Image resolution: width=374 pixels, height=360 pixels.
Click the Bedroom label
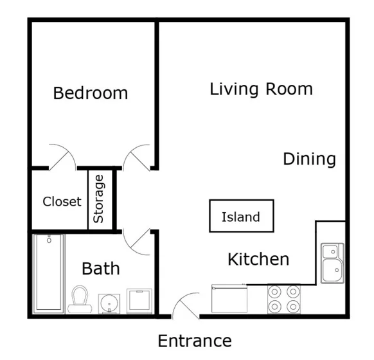[91, 93]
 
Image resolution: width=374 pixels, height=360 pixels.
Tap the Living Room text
[261, 89]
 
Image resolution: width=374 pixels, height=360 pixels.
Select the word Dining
[309, 159]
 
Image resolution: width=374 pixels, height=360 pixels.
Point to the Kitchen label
[258, 259]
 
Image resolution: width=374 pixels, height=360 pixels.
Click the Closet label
[62, 201]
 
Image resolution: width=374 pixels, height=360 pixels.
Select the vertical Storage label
[98, 199]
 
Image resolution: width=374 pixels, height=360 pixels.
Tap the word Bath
[101, 268]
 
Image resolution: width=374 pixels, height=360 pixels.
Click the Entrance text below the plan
[195, 341]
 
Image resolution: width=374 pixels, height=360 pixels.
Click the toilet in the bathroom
[80, 300]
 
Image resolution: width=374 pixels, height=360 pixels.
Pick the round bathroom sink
[109, 303]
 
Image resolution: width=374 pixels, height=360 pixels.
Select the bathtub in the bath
[49, 274]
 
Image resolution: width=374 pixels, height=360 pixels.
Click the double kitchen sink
[332, 263]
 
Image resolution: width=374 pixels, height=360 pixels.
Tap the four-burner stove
[284, 299]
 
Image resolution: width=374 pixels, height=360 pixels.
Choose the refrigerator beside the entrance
[229, 298]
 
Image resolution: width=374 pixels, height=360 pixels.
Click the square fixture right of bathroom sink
[139, 301]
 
